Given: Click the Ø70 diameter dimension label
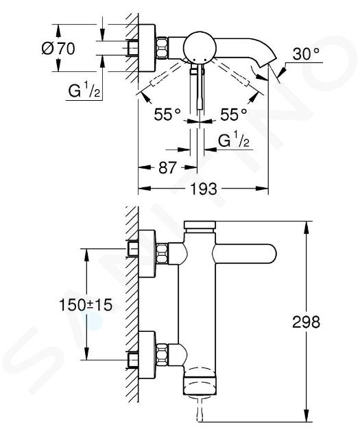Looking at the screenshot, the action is point(58,49).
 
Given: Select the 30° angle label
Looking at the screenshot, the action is point(306,53).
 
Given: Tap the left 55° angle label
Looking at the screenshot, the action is point(167,114).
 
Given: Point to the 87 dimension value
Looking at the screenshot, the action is point(167,167).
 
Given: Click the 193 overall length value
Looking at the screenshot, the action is point(204,189).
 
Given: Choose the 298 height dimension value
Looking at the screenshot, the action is point(306,322).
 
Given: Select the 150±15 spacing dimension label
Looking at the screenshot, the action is point(86,304).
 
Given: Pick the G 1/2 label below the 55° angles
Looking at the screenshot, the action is point(234,141).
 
